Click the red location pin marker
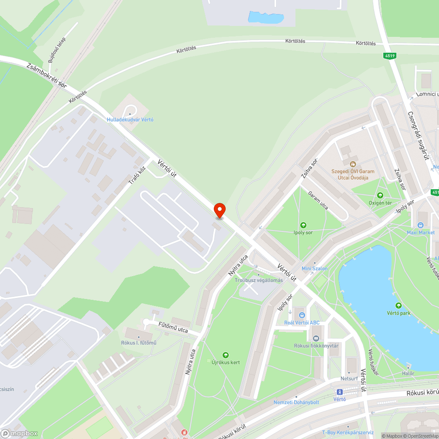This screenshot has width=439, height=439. tap(219, 210)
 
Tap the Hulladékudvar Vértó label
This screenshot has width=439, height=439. tap(130, 119)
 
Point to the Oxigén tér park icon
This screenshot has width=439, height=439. tap(380, 195)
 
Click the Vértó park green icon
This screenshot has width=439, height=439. tap(399, 306)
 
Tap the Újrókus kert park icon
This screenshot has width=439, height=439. tap(226, 355)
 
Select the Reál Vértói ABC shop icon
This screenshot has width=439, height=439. tap(302, 315)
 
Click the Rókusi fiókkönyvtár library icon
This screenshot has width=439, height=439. tap(316, 338)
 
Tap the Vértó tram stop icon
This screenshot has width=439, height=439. tap(339, 392)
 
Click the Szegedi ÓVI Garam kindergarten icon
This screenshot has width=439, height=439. tap(353, 164)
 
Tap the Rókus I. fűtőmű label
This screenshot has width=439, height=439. tap(139, 343)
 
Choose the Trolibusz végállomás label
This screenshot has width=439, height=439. tap(259, 280)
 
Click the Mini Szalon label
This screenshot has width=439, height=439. tap(314, 268)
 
